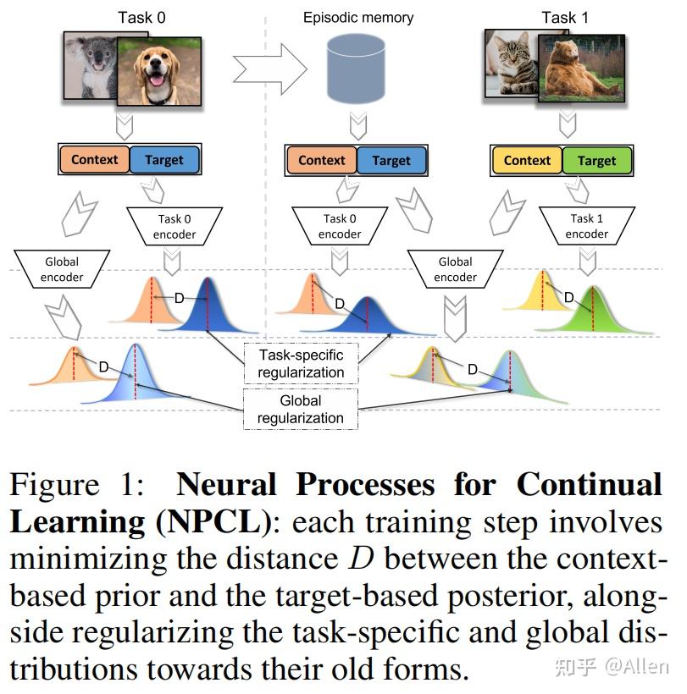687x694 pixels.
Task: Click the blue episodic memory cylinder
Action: click(x=355, y=72)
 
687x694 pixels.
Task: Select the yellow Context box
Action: click(x=527, y=160)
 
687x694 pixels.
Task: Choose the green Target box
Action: click(x=596, y=160)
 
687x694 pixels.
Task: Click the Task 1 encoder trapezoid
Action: click(x=586, y=226)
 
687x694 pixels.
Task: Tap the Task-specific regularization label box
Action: click(x=302, y=363)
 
